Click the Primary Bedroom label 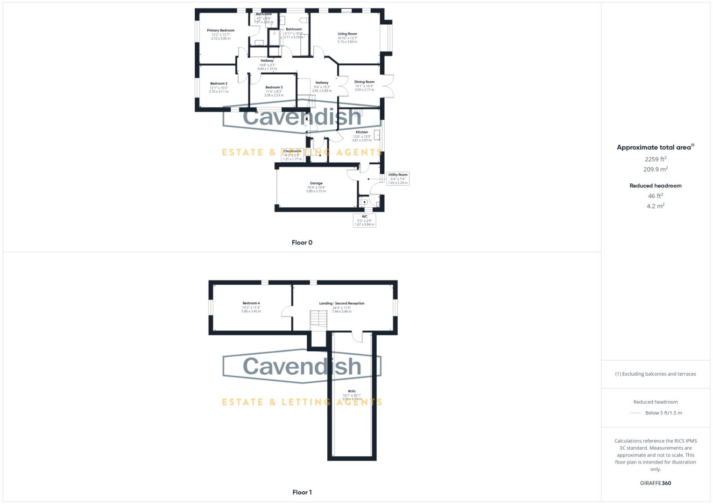220,30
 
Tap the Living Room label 347,34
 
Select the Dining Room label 364,82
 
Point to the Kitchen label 362,133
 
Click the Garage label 316,183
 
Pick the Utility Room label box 398,178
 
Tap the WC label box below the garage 364,220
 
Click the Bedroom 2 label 219,84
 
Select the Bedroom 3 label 274,87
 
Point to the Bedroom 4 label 251,303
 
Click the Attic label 352,392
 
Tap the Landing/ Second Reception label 342,303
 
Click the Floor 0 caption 302,243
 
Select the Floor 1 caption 302,492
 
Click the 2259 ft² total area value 656,159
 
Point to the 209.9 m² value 656,169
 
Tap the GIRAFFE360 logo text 656,483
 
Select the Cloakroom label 292,151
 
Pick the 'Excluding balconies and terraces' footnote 656,374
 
